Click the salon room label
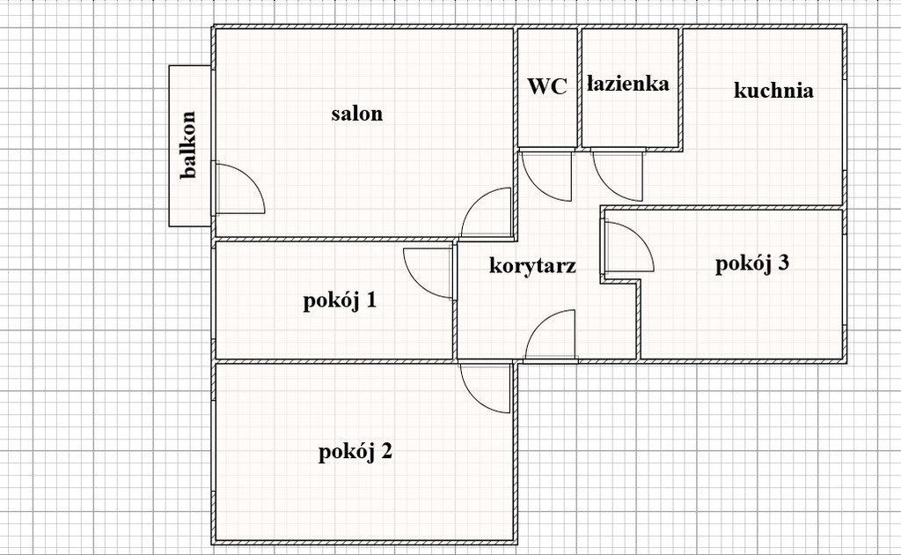point(357,114)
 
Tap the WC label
point(547,86)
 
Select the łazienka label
point(628,84)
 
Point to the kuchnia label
point(773,90)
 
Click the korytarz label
point(532,265)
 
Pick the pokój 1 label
point(340,300)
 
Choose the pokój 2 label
point(355,451)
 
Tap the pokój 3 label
point(752,263)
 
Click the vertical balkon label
point(188,145)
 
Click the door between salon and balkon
point(240,188)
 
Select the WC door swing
point(546,175)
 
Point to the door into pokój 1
point(429,273)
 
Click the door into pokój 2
point(485,387)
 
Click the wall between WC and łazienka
point(579,87)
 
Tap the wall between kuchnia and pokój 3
point(722,207)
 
